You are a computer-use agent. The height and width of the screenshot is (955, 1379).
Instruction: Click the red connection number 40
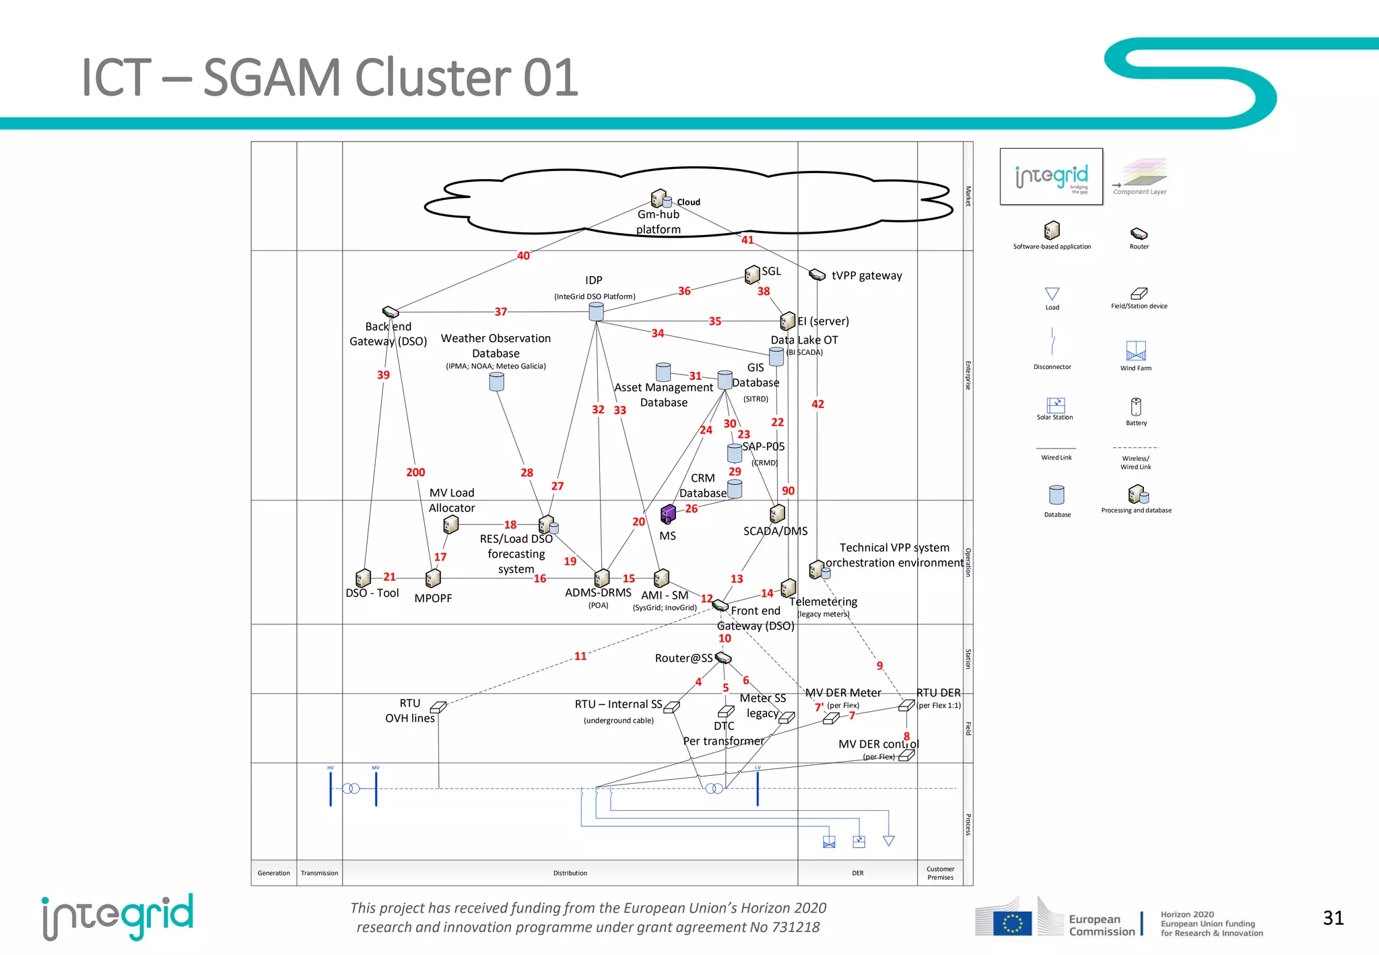click(x=523, y=256)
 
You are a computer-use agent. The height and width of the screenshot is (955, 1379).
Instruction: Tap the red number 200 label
click(x=415, y=473)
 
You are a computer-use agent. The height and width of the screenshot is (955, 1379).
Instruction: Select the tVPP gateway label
click(x=867, y=275)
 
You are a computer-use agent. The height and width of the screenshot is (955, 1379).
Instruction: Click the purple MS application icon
click(x=668, y=515)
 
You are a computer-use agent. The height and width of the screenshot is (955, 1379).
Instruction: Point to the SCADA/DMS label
click(x=775, y=531)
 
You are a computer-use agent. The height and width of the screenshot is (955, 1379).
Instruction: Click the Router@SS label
click(x=683, y=658)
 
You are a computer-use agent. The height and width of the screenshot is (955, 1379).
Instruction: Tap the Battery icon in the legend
click(x=1136, y=407)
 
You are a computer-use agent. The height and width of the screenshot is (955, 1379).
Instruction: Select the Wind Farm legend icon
click(x=1136, y=351)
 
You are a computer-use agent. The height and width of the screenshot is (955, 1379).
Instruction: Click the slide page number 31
click(x=1333, y=918)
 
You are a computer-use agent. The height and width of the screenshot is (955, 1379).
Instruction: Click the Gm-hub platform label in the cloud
click(x=659, y=222)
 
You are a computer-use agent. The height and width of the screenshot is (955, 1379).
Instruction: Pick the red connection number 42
click(x=817, y=404)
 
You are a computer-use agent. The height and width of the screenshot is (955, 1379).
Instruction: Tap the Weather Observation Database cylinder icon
click(x=496, y=382)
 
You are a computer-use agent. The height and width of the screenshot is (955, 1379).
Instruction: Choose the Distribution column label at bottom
click(x=570, y=873)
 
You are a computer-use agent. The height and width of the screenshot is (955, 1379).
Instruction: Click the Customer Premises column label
click(x=940, y=873)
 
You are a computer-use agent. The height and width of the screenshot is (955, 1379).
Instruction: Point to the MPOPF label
click(x=433, y=598)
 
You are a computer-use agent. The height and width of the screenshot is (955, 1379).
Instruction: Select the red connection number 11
click(x=580, y=656)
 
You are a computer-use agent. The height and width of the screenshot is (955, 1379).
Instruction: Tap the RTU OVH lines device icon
click(x=438, y=707)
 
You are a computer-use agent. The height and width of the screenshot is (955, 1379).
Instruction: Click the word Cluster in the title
click(x=435, y=77)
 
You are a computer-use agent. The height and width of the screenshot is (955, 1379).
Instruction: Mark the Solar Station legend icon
click(x=1055, y=405)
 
